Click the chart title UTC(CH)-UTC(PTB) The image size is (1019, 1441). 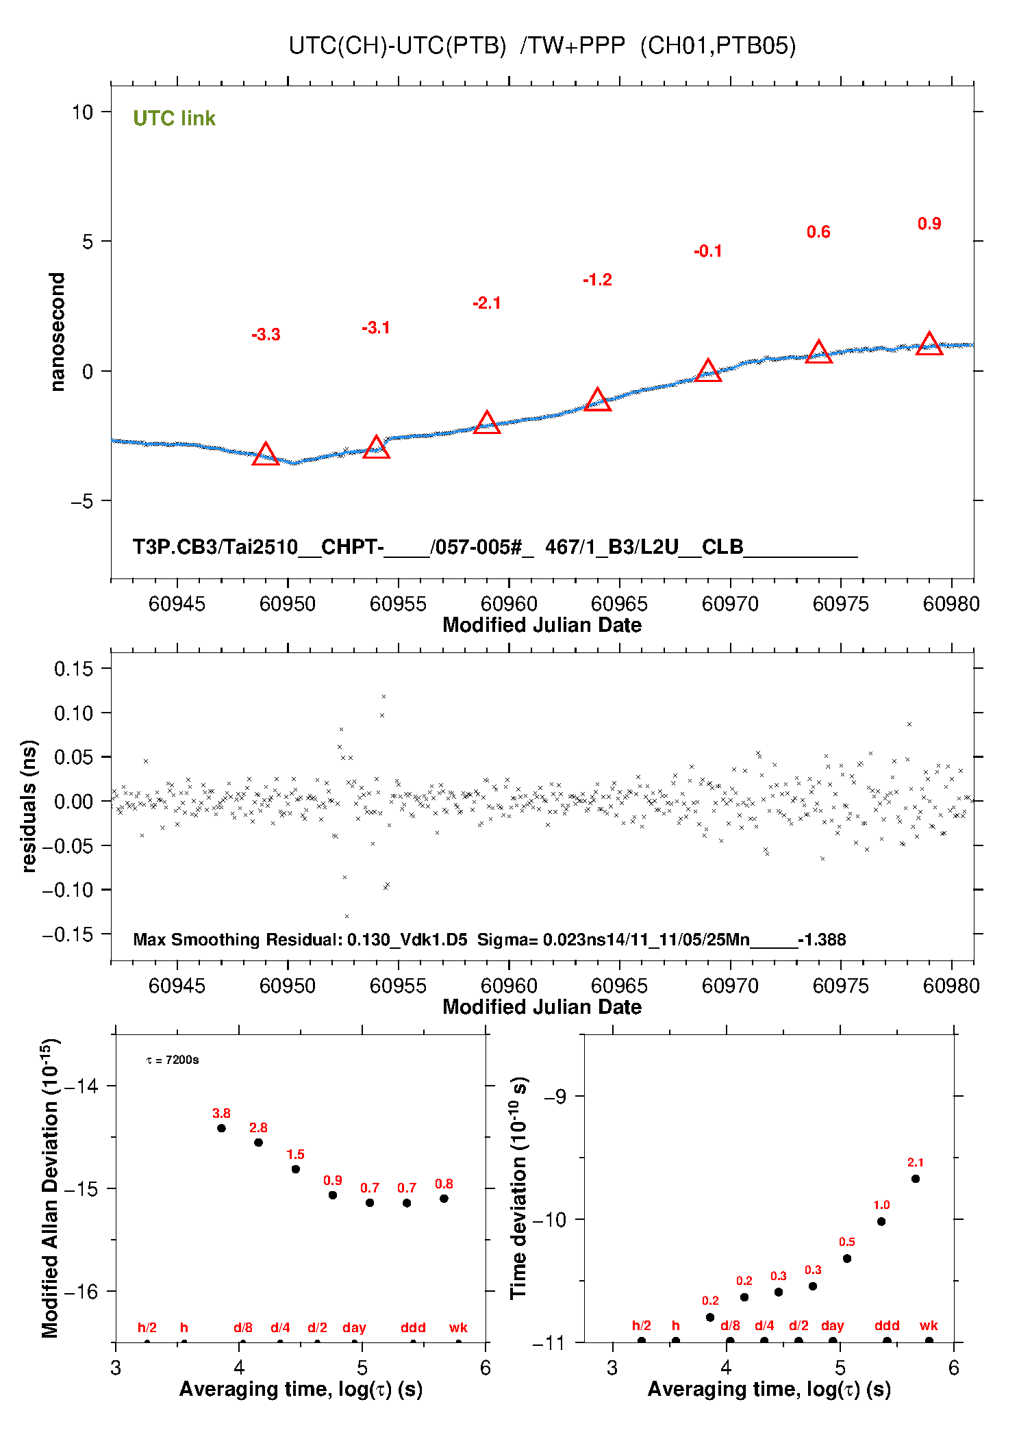tap(397, 46)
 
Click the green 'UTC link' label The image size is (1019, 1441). tap(174, 118)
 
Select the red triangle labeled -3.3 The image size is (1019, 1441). tap(266, 454)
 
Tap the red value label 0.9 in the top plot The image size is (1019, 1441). tap(929, 224)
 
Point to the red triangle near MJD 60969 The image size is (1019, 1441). tap(708, 370)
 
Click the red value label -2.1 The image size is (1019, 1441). tap(487, 303)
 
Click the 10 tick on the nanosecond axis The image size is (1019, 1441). tap(82, 112)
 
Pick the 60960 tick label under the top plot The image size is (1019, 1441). tap(509, 604)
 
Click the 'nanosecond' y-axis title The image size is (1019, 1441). tap(57, 332)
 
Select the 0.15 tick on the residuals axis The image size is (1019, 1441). tap(73, 669)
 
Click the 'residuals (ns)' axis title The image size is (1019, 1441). tap(29, 806)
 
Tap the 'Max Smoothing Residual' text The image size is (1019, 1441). tap(236, 939)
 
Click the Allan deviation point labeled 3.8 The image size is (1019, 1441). tap(221, 1128)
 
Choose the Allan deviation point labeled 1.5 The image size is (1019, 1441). tap(296, 1169)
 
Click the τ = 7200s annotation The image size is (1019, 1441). tap(173, 1060)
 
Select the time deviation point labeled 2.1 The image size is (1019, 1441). tap(916, 1179)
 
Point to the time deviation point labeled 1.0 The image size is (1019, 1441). tap(881, 1221)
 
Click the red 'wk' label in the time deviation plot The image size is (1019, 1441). tap(929, 1325)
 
